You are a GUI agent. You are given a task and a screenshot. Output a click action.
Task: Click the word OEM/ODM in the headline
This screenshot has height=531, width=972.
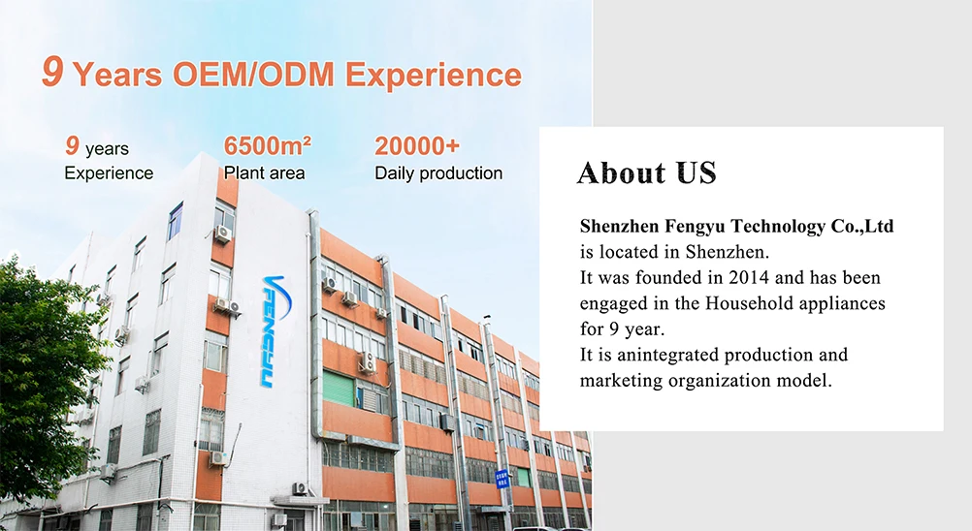point(253,74)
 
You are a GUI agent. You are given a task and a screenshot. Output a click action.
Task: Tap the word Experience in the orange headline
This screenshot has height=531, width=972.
point(434,76)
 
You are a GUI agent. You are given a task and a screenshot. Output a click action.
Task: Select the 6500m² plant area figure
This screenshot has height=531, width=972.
point(267,146)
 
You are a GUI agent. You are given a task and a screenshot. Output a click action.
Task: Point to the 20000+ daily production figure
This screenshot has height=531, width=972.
point(417,146)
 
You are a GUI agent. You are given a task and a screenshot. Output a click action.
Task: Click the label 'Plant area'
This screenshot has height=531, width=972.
point(264,173)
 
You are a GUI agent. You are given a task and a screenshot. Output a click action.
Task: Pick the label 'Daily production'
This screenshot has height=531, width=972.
point(438,173)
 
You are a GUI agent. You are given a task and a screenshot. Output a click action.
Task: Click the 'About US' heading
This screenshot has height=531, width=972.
point(647,172)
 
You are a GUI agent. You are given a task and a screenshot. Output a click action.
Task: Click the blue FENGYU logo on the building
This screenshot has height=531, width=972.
point(274,330)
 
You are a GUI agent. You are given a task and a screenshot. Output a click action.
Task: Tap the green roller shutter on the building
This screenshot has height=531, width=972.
point(339,389)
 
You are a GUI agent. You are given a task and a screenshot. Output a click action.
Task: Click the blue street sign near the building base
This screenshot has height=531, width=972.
point(502,479)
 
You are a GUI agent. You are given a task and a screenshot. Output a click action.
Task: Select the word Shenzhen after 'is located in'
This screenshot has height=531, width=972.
point(727,253)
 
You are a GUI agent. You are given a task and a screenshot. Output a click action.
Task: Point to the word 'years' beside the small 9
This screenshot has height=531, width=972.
point(107,150)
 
